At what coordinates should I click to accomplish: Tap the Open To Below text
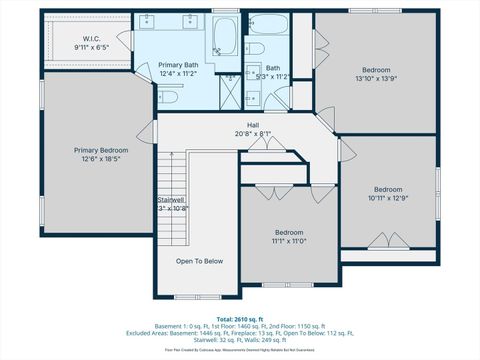tap(199, 261)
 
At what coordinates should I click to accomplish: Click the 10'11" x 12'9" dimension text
tap(387, 198)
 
